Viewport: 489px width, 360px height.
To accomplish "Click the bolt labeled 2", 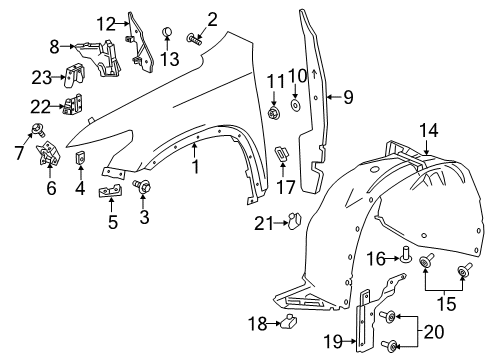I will pos(193,40).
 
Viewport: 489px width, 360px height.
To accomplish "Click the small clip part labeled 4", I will pos(80,161).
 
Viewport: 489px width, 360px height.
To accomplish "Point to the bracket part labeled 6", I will pos(47,154).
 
